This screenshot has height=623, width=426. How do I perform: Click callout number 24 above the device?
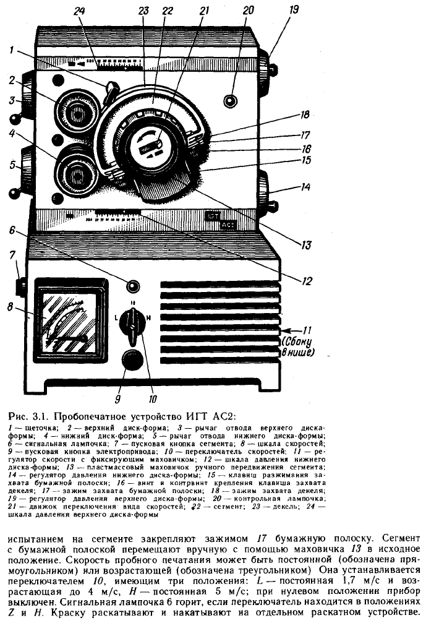(x=79, y=11)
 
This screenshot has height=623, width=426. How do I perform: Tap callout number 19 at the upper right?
(x=294, y=9)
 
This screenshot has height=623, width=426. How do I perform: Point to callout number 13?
(x=305, y=244)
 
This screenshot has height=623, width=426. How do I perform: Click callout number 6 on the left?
(x=12, y=230)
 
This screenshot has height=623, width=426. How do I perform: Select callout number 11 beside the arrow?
(x=307, y=330)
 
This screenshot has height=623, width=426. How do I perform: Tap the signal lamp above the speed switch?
(x=132, y=286)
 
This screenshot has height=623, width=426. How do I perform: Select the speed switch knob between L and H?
(x=132, y=324)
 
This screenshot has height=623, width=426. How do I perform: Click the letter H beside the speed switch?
(x=148, y=318)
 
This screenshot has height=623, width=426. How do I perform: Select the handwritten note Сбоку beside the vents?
(x=297, y=342)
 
